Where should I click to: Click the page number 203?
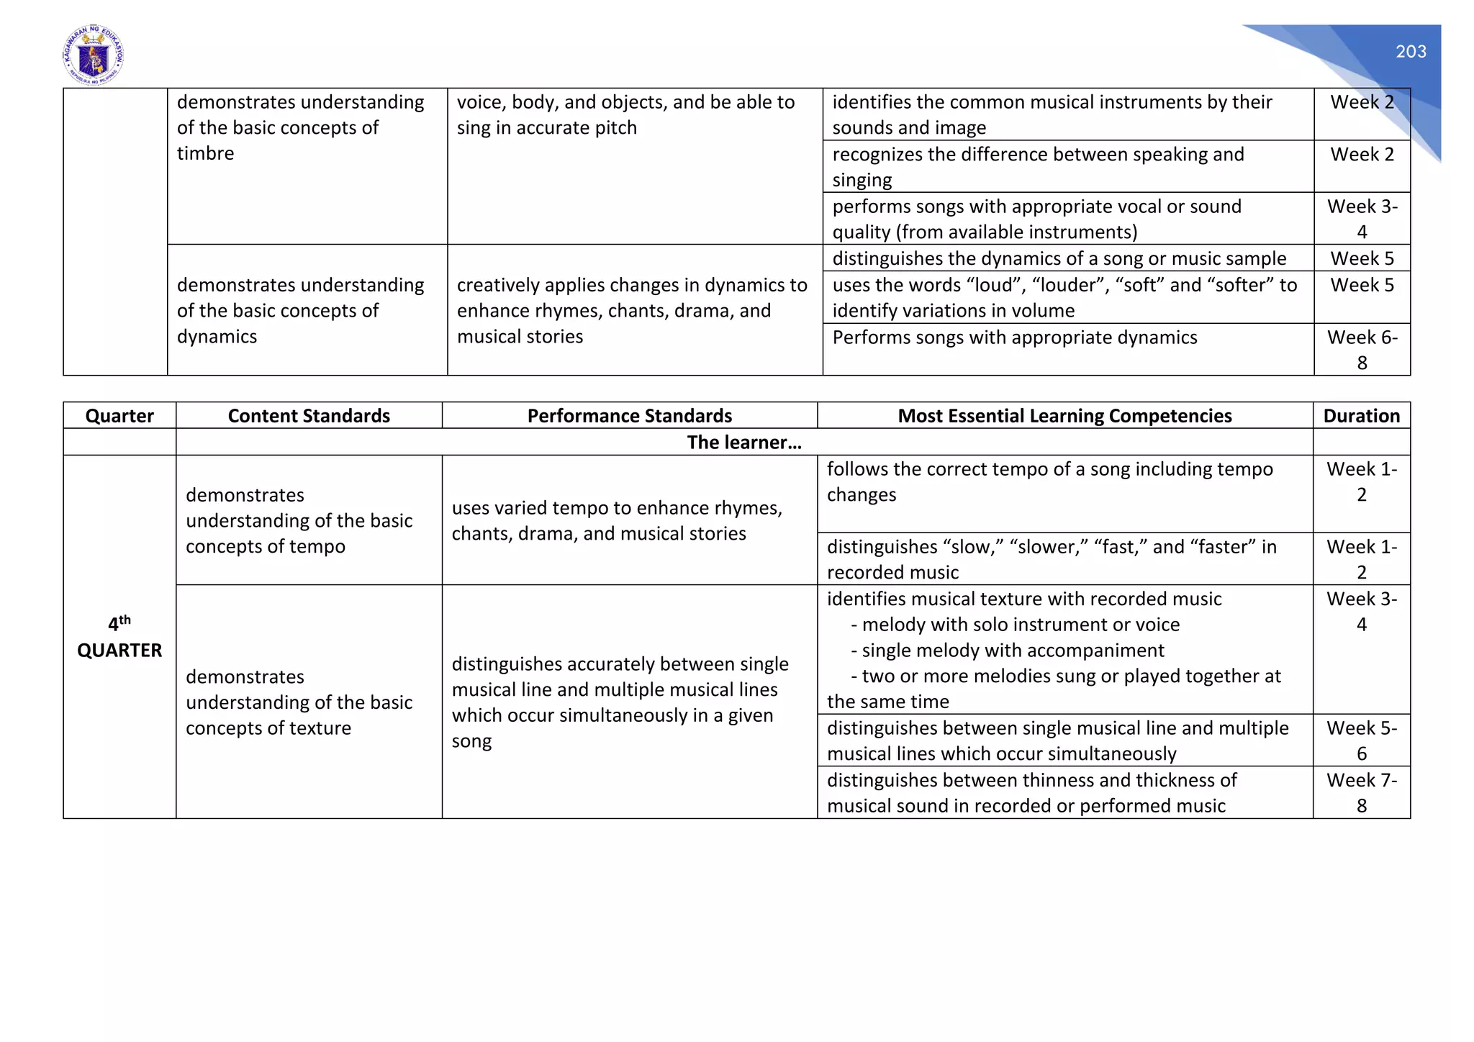1411,52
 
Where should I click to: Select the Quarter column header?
119,416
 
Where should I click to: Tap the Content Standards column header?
309,416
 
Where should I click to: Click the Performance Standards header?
629,416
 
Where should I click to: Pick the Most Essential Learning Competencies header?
1064,416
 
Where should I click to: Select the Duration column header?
1361,416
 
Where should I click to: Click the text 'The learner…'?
744,442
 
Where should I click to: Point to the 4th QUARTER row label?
119,637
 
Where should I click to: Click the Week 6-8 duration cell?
1362,350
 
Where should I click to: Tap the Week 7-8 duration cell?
1361,792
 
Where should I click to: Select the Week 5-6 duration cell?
1361,740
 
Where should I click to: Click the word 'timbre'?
205,153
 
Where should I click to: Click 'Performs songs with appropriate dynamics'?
1015,337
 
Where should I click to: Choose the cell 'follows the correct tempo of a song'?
1049,481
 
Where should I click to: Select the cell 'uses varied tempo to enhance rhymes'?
617,520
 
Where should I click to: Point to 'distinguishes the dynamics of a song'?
1059,258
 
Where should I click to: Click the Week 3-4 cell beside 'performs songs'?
1362,219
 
